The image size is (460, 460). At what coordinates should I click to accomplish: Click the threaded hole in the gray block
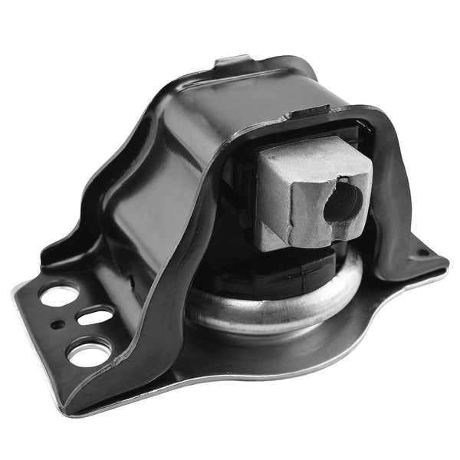[x=343, y=202]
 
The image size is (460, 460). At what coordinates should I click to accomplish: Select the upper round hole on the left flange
[x=59, y=294]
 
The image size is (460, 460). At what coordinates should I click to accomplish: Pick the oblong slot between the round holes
[x=94, y=315]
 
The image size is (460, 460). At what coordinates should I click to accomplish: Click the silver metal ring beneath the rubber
[x=253, y=310]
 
